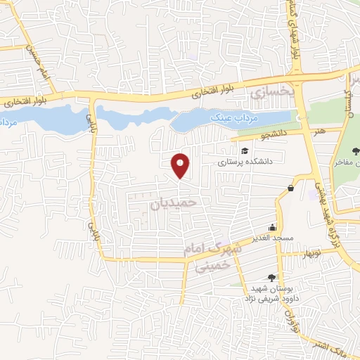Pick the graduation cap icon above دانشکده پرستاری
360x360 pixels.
tap(244, 150)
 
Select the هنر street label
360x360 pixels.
tap(321, 130)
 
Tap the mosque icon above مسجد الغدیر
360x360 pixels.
tap(272, 227)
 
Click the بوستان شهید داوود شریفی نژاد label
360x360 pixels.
tap(271, 295)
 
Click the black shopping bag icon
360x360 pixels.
tap(290, 187)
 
